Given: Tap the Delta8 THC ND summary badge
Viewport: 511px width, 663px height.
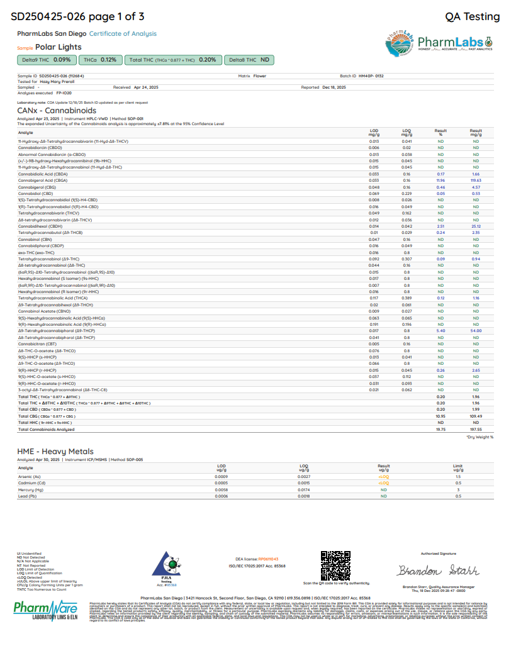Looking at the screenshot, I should [249, 60].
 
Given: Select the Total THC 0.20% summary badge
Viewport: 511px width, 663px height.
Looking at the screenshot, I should [172, 60].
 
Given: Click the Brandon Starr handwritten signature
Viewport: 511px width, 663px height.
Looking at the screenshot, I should [438, 571].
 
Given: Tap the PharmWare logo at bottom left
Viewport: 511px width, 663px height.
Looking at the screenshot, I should [48, 610].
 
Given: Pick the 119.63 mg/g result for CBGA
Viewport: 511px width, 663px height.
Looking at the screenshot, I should [476, 181].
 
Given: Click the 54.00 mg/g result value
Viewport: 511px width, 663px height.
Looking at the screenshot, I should [476, 331].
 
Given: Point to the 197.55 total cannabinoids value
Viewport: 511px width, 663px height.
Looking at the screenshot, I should [476, 430].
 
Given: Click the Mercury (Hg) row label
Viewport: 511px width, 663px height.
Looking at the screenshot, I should [31, 490].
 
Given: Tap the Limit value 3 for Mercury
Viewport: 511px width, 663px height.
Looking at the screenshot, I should [458, 490].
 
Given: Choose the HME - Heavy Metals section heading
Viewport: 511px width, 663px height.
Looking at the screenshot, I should [55, 452].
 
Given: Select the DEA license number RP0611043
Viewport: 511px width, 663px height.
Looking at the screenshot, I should [267, 559].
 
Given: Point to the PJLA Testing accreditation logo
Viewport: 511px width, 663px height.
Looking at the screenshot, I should [167, 565].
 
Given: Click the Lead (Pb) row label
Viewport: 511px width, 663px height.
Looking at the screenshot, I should [28, 496].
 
